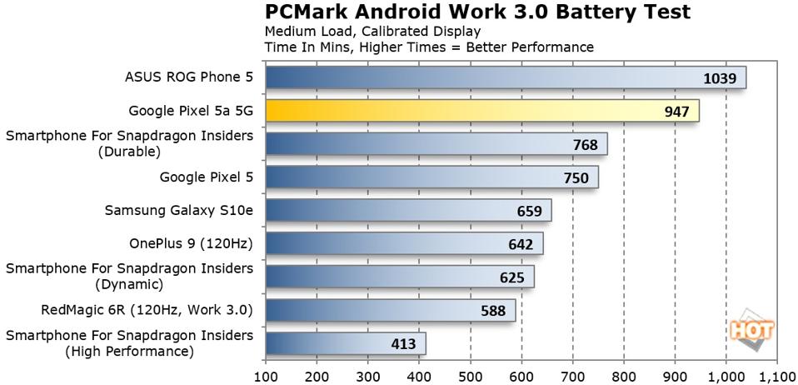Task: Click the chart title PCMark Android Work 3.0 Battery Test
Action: [477, 12]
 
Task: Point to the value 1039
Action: [719, 77]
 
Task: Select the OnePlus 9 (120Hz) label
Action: [191, 244]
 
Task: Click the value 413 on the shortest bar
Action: [405, 343]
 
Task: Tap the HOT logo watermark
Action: [752, 330]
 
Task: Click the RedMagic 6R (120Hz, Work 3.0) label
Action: [147, 311]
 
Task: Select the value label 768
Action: [586, 144]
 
